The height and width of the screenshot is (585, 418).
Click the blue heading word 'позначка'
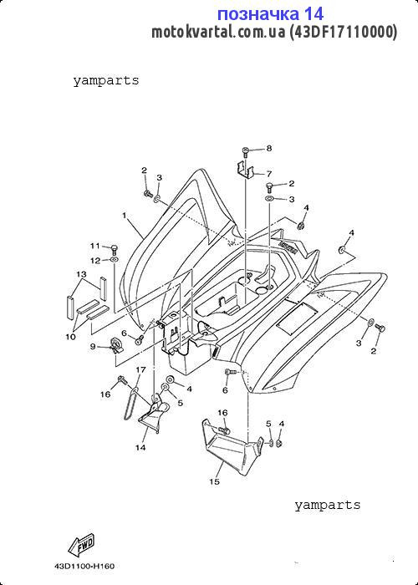click(x=257, y=14)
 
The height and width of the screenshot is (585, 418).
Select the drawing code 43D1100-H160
click(x=84, y=567)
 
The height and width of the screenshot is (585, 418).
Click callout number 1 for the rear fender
click(x=125, y=216)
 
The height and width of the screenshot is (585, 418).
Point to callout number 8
click(x=269, y=149)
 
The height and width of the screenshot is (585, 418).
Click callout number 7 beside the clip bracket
click(x=269, y=174)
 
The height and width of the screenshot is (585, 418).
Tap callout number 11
click(x=95, y=246)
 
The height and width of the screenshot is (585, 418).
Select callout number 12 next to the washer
click(x=95, y=261)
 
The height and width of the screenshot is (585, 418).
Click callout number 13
click(x=82, y=275)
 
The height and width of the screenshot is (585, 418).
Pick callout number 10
click(x=70, y=337)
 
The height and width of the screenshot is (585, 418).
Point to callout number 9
click(x=93, y=347)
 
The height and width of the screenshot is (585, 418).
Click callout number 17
click(x=140, y=369)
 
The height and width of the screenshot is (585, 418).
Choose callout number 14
click(x=140, y=448)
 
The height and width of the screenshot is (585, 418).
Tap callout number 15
click(x=214, y=482)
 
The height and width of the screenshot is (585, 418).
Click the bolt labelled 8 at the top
click(x=246, y=152)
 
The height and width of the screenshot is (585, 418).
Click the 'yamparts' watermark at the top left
click(x=106, y=80)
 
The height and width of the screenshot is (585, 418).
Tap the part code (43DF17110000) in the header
click(x=344, y=33)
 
